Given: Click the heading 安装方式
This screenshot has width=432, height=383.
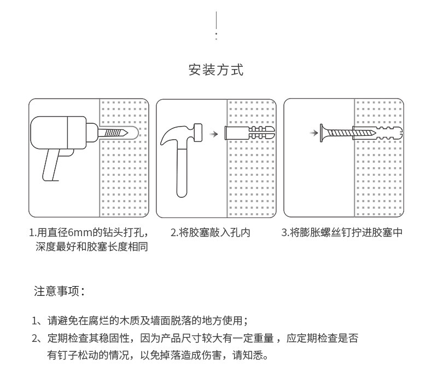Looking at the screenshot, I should pyautogui.click(x=216, y=70).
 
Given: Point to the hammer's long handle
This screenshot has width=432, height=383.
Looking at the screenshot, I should pyautogui.click(x=183, y=173).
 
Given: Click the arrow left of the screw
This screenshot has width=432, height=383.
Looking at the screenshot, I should pyautogui.click(x=312, y=133).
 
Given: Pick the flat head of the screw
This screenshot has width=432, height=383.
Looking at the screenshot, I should pyautogui.click(x=323, y=133).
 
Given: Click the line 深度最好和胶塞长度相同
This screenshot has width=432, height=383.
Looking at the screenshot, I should pyautogui.click(x=92, y=247).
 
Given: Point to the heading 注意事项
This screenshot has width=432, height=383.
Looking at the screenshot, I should pyautogui.click(x=59, y=291).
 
